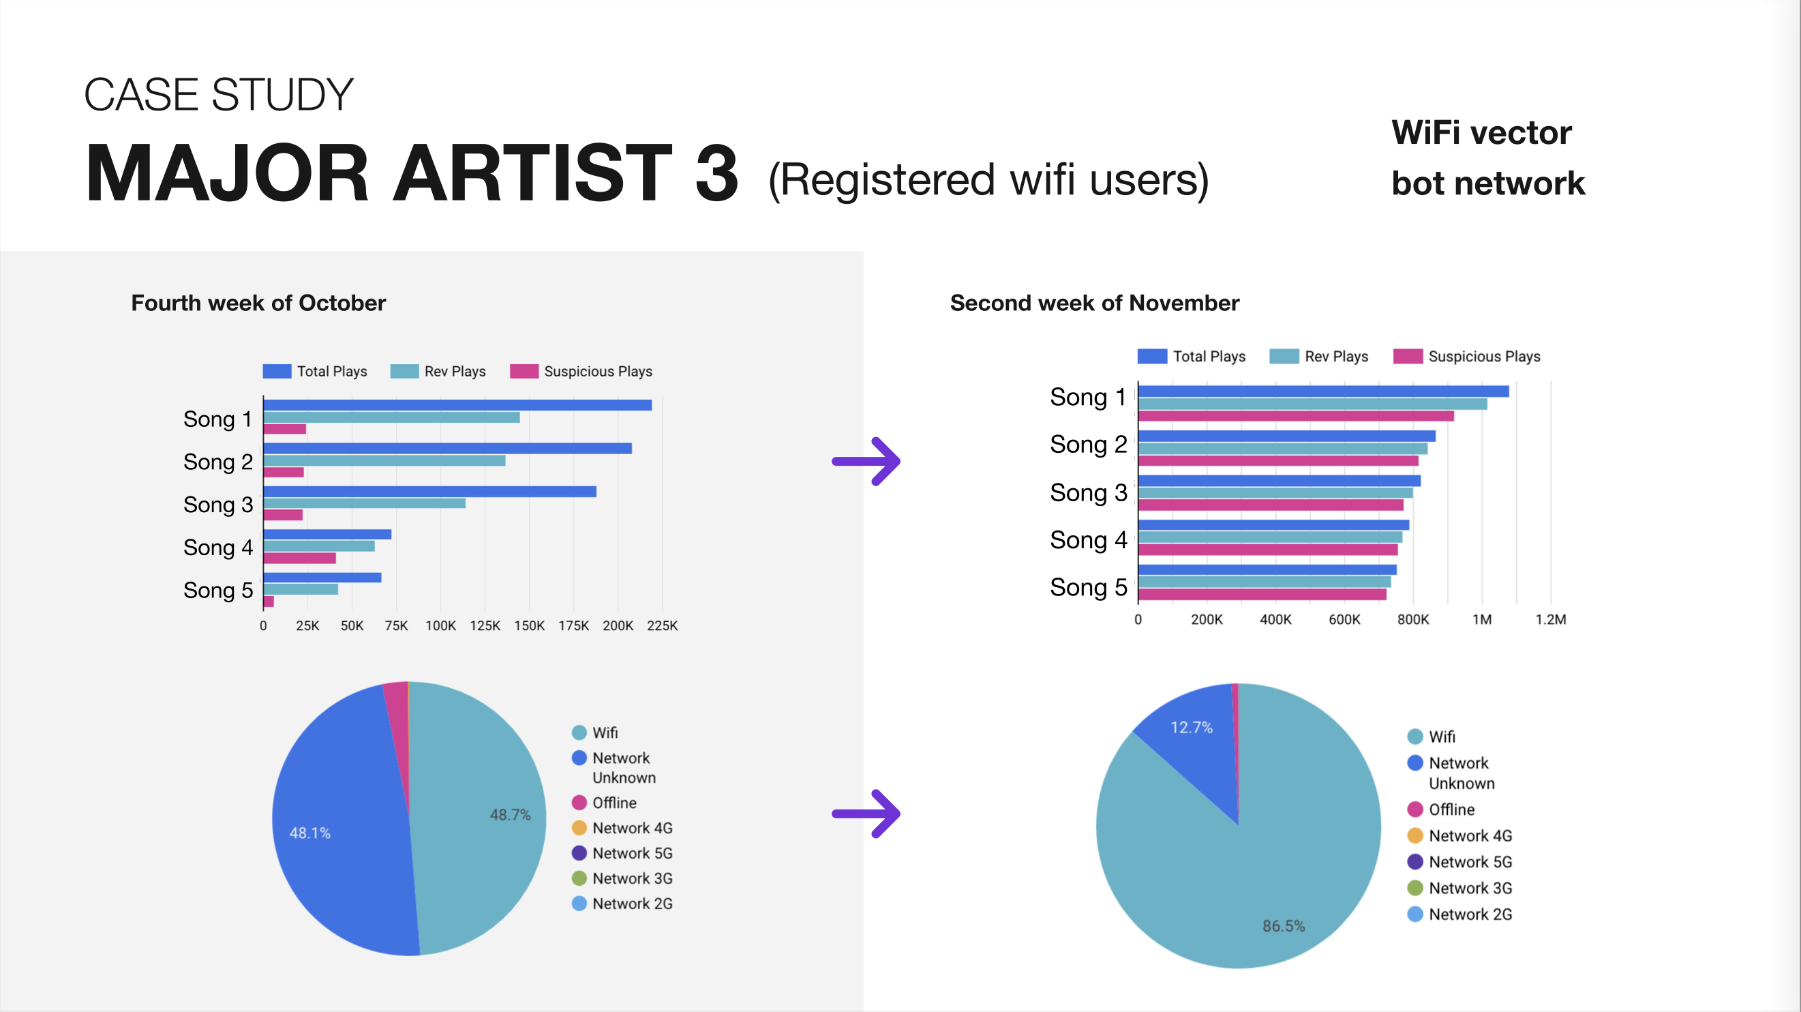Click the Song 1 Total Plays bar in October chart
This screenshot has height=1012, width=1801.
click(x=457, y=405)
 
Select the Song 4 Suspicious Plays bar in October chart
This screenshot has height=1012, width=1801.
click(x=299, y=558)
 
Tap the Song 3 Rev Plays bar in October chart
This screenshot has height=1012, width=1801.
click(x=364, y=503)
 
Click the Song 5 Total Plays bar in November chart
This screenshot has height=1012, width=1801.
click(x=1267, y=569)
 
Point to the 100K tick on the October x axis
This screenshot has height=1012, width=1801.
click(x=440, y=625)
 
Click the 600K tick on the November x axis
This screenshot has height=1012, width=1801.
click(x=1344, y=620)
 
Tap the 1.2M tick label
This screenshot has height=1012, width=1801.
click(x=1550, y=620)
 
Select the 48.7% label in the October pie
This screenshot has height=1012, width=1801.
click(x=510, y=815)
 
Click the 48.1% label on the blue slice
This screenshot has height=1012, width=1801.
click(x=309, y=833)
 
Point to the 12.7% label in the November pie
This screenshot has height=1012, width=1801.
click(x=1192, y=728)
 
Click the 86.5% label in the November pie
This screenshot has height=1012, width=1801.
click(x=1284, y=926)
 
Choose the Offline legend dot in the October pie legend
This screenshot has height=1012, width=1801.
click(x=579, y=802)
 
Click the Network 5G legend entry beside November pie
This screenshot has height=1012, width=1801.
click(x=1459, y=862)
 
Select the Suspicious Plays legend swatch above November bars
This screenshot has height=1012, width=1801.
click(x=1408, y=356)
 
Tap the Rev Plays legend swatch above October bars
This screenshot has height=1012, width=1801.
click(x=404, y=371)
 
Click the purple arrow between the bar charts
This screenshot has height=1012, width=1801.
click(x=866, y=461)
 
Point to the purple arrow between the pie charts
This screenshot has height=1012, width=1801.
click(x=866, y=814)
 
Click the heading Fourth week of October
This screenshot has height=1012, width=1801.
click(x=258, y=303)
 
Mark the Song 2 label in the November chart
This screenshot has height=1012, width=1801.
click(x=1089, y=444)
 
